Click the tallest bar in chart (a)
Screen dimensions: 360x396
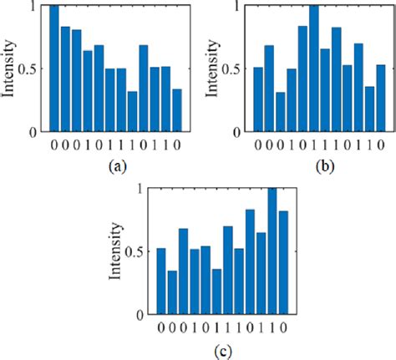[x=54, y=68]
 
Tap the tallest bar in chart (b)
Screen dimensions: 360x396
[x=314, y=68]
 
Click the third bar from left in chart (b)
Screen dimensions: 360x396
[x=280, y=112]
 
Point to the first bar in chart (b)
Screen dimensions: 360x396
[x=258, y=99]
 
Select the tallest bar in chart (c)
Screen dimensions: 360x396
[x=272, y=252]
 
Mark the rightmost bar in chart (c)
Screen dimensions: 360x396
[x=282, y=263]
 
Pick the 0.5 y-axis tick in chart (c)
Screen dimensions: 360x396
[x=139, y=252]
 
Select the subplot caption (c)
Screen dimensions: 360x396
[x=221, y=350]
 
